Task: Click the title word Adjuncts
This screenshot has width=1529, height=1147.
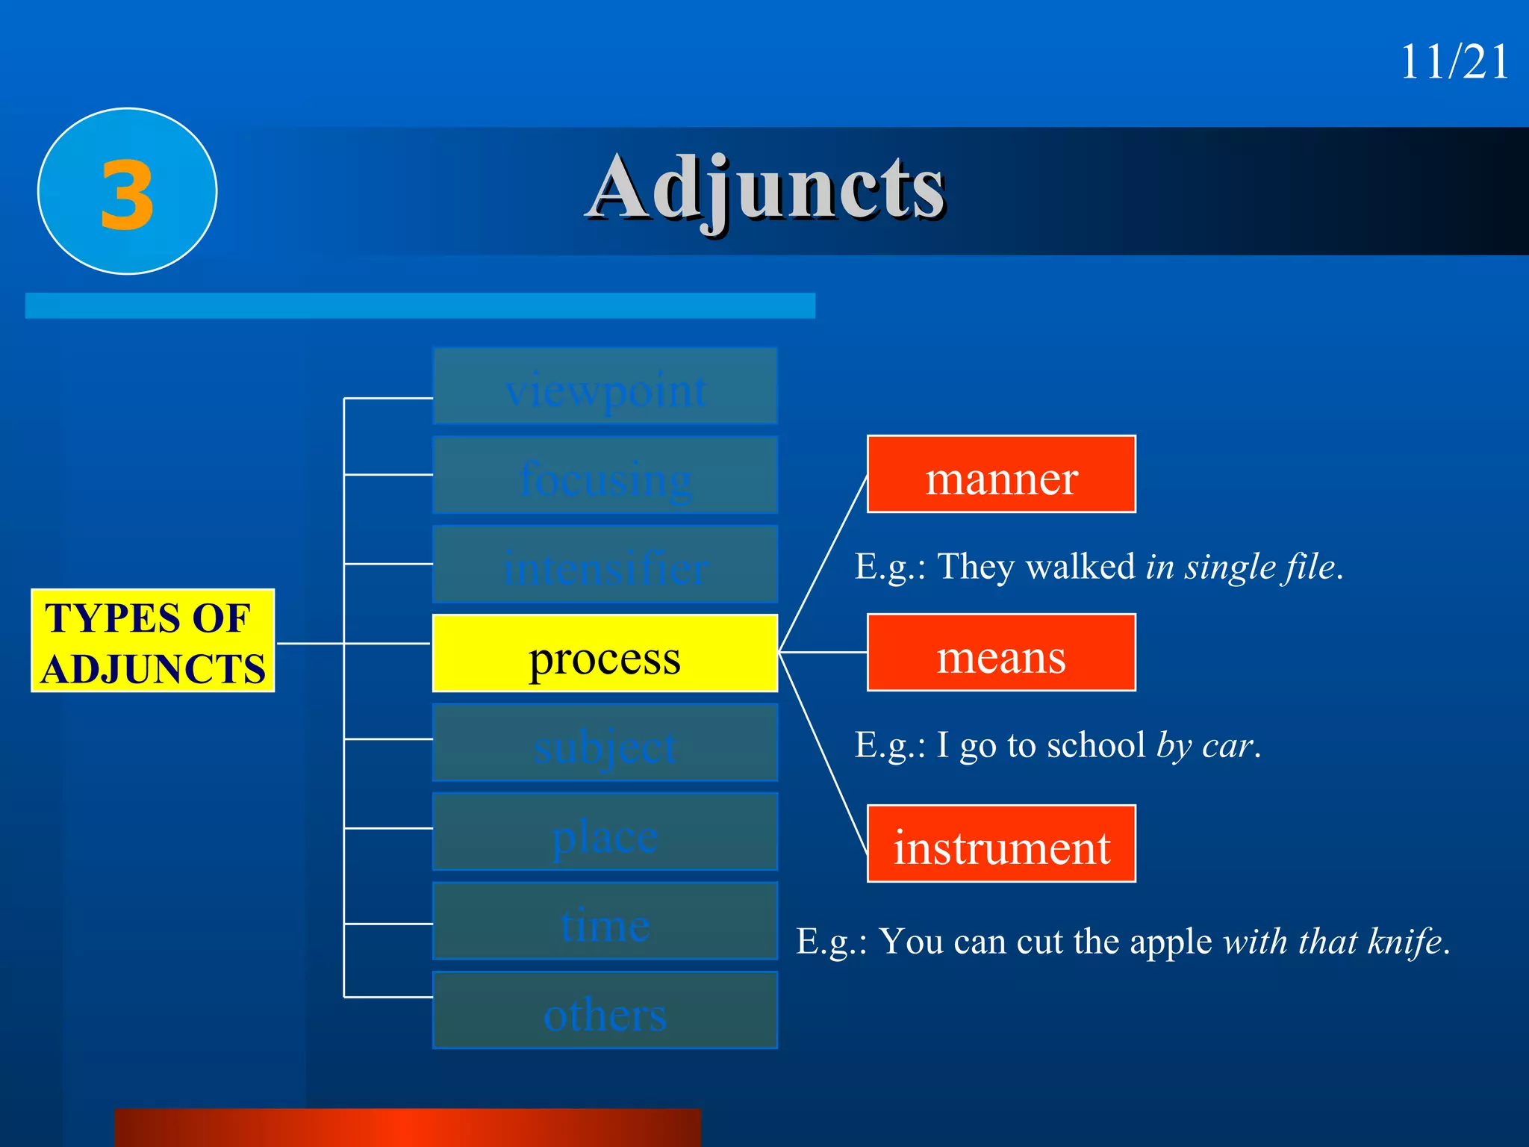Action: point(766,188)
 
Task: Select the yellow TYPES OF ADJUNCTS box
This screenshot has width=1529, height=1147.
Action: point(153,641)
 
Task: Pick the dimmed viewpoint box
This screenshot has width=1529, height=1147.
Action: point(605,387)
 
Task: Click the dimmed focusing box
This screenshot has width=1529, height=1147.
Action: point(605,476)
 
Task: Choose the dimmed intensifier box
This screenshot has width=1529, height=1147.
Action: point(605,565)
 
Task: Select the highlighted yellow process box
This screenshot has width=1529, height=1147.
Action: point(605,653)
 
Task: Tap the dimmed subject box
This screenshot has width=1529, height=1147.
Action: point(605,743)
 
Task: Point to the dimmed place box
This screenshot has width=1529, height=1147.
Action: point(605,832)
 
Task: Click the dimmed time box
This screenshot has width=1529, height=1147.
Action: point(605,921)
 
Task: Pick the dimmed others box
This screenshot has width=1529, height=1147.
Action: point(605,1010)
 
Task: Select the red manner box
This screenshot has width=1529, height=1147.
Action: point(1001,475)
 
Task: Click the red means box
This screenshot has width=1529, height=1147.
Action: point(1001,653)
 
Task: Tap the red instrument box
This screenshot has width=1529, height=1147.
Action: point(1001,844)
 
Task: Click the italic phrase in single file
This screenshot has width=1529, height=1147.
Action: point(1241,567)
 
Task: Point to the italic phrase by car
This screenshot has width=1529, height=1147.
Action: point(1204,745)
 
